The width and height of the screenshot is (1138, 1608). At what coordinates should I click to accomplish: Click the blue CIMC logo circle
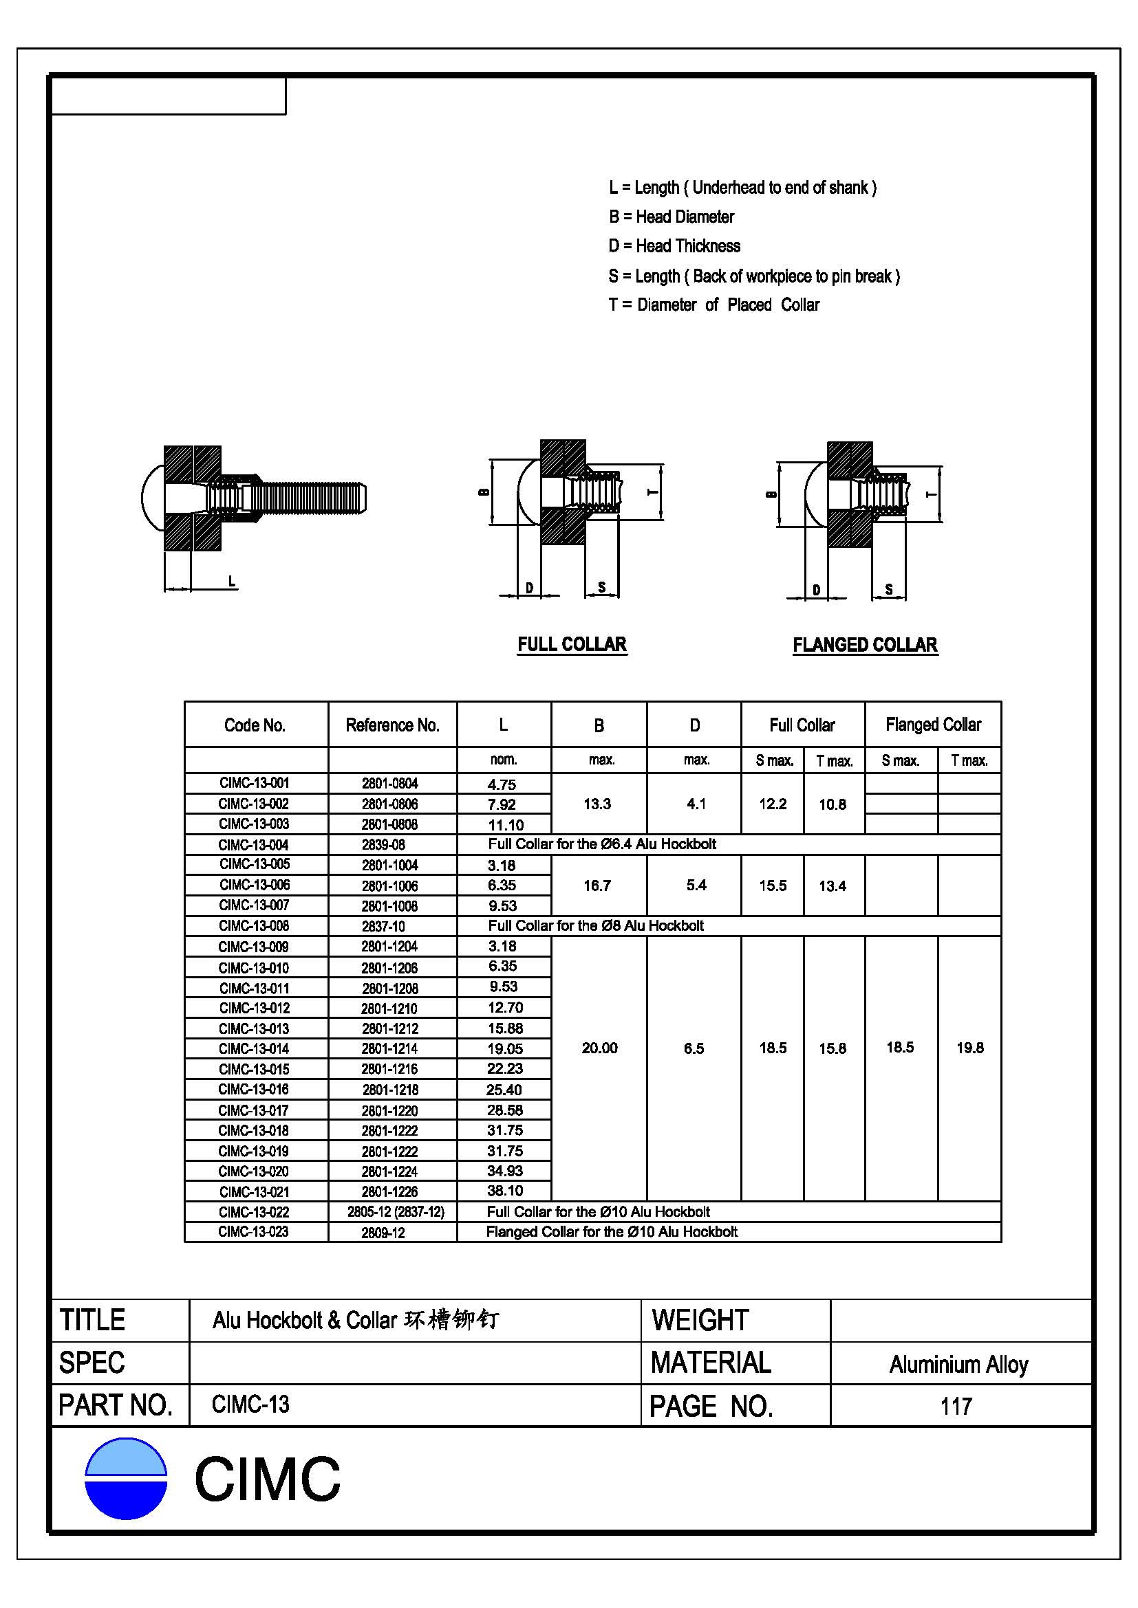coord(125,1479)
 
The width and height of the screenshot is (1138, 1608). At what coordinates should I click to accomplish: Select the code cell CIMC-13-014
coord(254,1048)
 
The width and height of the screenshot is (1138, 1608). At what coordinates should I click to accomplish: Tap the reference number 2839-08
coord(383,845)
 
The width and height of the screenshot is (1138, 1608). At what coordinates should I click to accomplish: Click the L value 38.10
coord(504,1191)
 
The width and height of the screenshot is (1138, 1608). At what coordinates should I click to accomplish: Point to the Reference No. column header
coord(391,725)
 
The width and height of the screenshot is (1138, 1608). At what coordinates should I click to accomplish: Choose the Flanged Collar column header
coord(933,724)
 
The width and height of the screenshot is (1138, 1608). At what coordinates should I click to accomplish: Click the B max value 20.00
coord(599,1048)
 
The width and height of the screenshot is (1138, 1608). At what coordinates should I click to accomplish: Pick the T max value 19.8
coord(970,1048)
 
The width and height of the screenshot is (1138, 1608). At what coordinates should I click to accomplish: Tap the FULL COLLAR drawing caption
coord(572,644)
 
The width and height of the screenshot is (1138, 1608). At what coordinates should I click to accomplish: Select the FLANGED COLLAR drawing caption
coord(865,645)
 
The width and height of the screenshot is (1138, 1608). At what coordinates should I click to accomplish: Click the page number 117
coord(956,1406)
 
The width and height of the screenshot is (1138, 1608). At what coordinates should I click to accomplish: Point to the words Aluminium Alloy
coord(958,1364)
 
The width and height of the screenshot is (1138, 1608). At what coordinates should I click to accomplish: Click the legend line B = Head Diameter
coord(672,217)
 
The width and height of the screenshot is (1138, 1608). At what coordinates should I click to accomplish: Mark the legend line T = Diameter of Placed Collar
coord(713,305)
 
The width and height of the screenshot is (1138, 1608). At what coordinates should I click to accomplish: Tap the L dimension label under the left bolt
coord(232,581)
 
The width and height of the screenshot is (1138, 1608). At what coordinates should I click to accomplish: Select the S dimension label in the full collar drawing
coord(602,587)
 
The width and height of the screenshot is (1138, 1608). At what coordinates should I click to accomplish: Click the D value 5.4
coord(696,885)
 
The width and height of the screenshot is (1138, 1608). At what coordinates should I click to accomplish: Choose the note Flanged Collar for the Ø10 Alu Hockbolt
coord(612,1232)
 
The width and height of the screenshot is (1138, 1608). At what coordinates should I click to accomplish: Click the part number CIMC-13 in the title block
coord(250,1405)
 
